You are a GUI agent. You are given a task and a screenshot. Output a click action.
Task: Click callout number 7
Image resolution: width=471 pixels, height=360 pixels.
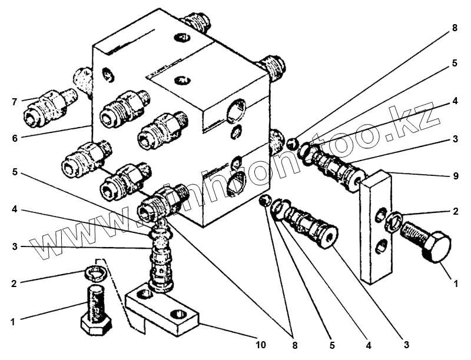coord(15,102)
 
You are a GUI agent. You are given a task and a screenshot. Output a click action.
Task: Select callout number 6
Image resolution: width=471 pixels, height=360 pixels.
coord(15,138)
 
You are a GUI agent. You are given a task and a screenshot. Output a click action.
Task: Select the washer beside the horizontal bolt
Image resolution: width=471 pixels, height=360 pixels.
coord(394,221)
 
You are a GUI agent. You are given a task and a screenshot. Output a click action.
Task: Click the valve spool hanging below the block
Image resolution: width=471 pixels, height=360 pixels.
coord(161,259)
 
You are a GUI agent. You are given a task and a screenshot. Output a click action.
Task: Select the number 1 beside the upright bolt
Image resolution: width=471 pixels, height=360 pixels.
coord(13,322)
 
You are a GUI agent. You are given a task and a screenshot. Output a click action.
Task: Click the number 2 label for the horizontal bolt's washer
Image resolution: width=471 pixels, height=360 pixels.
coord(455,211)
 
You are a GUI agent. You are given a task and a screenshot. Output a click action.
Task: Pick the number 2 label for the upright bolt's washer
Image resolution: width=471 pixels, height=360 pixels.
coord(14,283)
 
